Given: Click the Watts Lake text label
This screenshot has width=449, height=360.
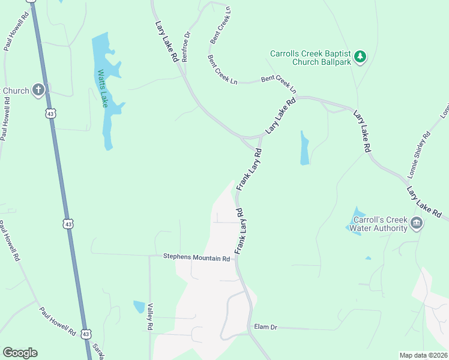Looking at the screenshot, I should [103, 89].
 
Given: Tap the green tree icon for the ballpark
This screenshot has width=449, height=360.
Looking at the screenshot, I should [360, 57].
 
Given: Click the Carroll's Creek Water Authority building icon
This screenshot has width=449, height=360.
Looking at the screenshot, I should [416, 224].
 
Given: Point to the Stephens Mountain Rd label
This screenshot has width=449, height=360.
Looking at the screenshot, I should [197, 257].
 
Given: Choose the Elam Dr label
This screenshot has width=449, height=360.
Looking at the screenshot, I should [265, 327].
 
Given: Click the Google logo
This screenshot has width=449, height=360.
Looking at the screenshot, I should [20, 353].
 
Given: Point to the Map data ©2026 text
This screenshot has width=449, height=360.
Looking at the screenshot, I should [423, 355].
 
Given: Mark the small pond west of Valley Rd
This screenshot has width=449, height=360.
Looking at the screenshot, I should [139, 307].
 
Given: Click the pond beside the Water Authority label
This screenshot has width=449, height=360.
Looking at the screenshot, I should [357, 221].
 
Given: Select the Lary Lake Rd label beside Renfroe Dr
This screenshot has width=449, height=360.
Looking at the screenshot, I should [167, 42].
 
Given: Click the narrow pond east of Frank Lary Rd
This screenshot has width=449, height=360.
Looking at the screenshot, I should [304, 148].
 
